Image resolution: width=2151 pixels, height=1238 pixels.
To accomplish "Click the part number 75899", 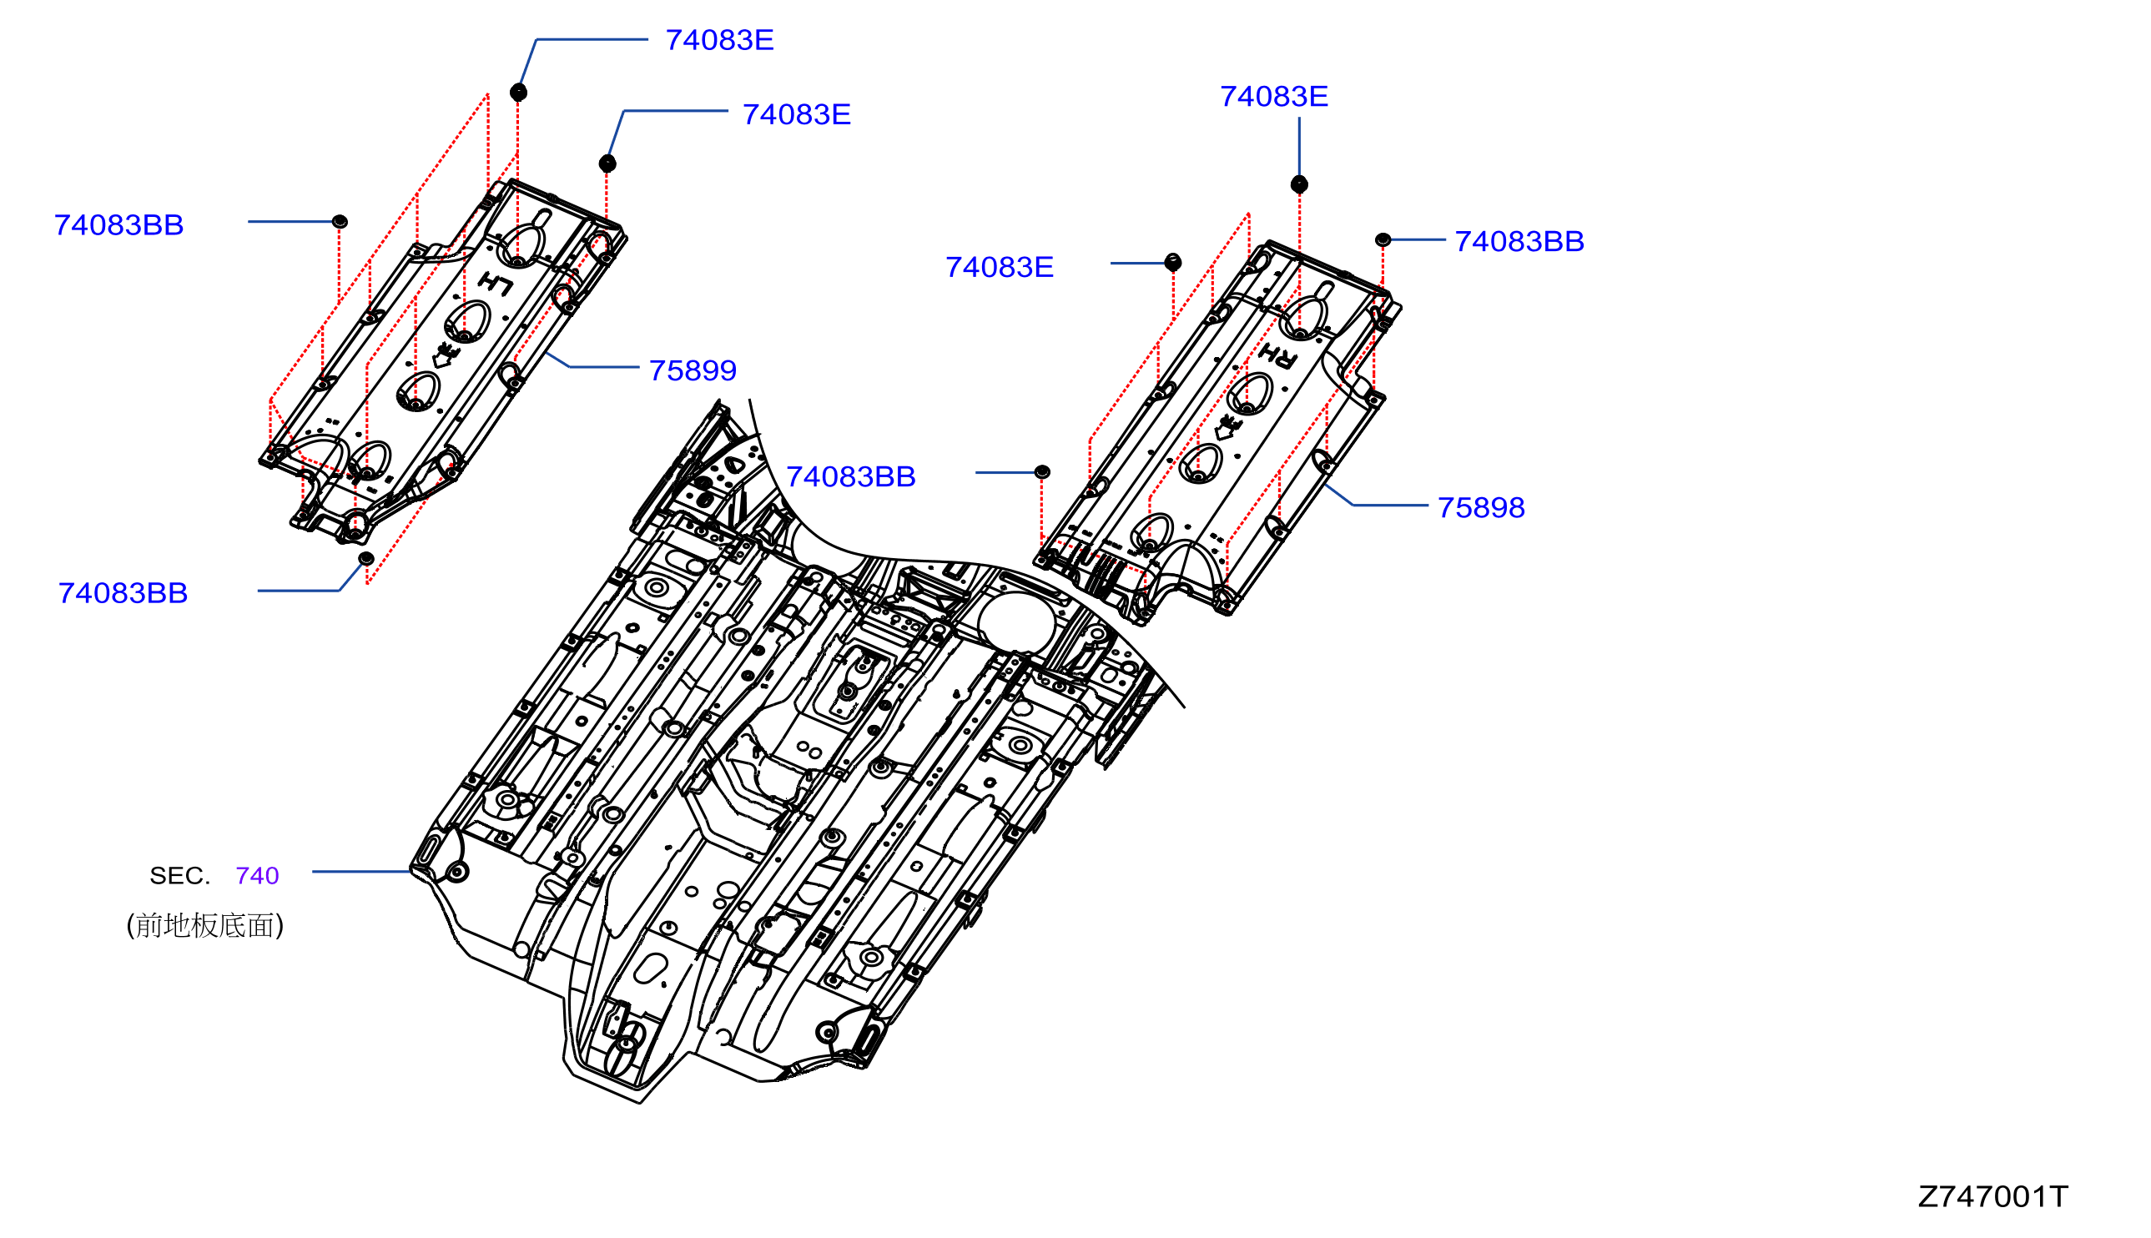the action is [692, 370].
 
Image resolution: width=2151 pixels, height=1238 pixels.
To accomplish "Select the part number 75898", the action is [1480, 507].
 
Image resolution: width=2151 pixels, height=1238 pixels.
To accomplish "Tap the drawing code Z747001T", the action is [1992, 1196].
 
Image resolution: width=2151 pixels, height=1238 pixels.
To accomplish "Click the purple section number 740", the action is [257, 876].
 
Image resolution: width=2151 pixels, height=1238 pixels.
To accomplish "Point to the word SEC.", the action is [179, 876].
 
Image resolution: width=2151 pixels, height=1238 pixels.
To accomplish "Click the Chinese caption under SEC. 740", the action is [205, 925].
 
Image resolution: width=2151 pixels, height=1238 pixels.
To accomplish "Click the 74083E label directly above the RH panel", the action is [1273, 97].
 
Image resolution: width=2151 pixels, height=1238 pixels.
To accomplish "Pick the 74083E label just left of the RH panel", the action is [999, 268].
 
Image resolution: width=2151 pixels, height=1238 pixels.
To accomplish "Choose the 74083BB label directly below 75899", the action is [850, 477].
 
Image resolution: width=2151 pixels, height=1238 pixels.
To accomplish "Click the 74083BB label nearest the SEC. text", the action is [123, 593].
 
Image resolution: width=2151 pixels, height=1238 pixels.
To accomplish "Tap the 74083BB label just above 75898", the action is [1519, 241].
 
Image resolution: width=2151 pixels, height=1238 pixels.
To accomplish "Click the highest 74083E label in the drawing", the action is [719, 40].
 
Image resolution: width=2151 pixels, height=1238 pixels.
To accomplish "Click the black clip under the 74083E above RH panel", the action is [1298, 184].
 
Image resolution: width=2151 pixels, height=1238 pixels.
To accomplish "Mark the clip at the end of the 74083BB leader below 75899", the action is [1041, 472].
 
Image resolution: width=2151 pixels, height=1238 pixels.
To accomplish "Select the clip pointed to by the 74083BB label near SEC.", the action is [365, 559].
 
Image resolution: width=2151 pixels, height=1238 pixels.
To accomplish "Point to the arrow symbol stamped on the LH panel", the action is [444, 355].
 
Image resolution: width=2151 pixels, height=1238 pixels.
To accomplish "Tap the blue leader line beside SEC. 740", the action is [361, 872].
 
